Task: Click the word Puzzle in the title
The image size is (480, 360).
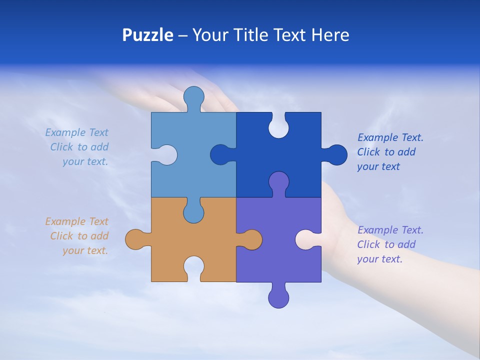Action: (x=147, y=35)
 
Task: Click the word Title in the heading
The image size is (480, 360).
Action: (x=250, y=35)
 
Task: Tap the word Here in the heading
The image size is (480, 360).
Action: (x=330, y=35)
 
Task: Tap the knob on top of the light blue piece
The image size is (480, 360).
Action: (x=193, y=96)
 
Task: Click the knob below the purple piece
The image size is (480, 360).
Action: (x=278, y=298)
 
